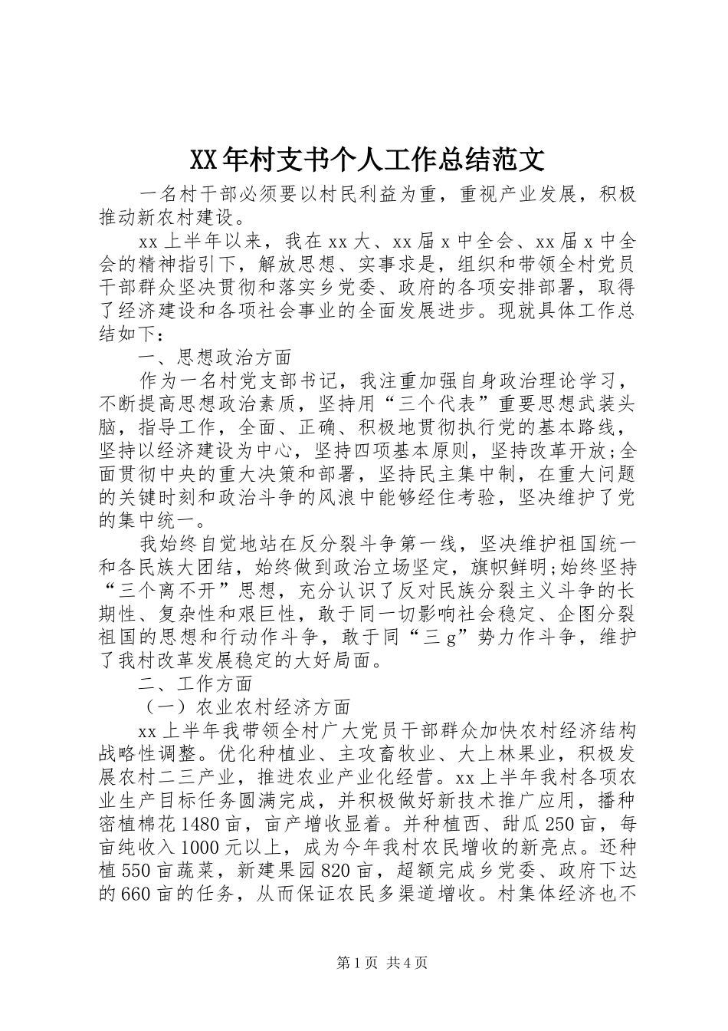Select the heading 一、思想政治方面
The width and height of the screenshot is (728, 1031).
[215, 357]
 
